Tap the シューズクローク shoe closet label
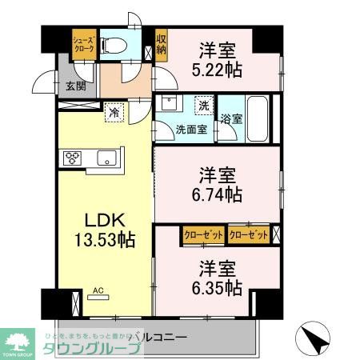[84, 44]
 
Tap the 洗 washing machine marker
[204, 105]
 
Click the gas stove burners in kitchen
[71, 158]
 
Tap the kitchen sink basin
[107, 158]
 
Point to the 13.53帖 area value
[104, 240]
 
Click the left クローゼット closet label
[202, 234]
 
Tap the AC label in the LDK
[99, 291]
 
